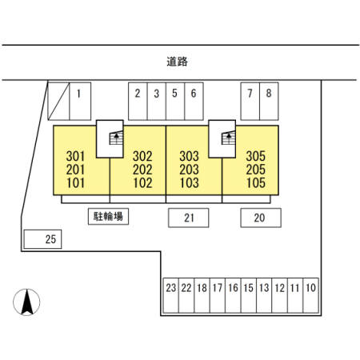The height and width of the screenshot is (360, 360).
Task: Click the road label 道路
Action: click(x=178, y=62)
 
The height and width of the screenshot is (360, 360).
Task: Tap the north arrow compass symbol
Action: click(x=26, y=302)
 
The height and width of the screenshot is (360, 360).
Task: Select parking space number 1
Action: click(x=80, y=102)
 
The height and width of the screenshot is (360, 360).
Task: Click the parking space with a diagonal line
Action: click(x=58, y=102)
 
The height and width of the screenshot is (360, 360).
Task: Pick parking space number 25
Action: click(x=42, y=239)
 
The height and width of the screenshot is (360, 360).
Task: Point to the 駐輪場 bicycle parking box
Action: click(x=108, y=216)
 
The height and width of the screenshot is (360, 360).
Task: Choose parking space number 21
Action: click(x=189, y=218)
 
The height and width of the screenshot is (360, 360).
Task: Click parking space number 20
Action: click(x=261, y=218)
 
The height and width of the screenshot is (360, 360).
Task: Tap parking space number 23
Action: click(x=170, y=295)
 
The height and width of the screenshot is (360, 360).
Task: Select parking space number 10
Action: click(x=311, y=295)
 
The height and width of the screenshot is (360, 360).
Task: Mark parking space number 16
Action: click(x=233, y=295)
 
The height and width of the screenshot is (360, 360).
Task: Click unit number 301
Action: click(x=75, y=156)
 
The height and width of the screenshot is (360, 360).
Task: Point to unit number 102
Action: click(x=142, y=183)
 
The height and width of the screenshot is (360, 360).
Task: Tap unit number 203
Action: click(x=189, y=170)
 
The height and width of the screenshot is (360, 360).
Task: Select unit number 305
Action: click(x=256, y=156)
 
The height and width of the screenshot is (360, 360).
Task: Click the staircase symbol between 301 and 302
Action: click(x=116, y=138)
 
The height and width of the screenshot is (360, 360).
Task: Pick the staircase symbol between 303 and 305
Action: click(x=229, y=138)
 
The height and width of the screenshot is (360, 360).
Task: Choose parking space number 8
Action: click(x=269, y=102)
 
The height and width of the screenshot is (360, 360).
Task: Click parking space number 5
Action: click(x=175, y=102)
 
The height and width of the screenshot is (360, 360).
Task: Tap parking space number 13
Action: click(x=264, y=295)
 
